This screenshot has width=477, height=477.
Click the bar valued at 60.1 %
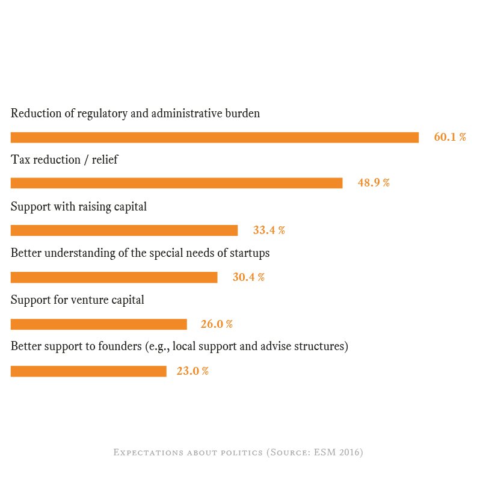(x=214, y=137)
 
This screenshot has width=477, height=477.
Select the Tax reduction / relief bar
(x=176, y=183)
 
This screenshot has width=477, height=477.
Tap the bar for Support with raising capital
(x=124, y=230)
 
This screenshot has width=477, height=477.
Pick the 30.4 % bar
(x=114, y=277)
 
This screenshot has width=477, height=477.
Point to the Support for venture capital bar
(x=99, y=324)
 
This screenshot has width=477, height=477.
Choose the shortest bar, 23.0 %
(x=88, y=371)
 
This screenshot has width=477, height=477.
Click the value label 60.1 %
(x=450, y=137)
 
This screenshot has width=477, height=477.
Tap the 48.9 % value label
(x=374, y=183)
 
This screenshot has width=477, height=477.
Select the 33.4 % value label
(x=269, y=230)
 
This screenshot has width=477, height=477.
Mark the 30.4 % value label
(x=248, y=277)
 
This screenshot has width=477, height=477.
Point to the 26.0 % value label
(x=217, y=324)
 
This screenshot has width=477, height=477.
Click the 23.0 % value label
(x=192, y=371)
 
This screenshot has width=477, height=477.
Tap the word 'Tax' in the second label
(x=20, y=160)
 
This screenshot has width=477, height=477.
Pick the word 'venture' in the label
(x=90, y=300)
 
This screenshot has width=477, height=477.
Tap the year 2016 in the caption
(x=349, y=452)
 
